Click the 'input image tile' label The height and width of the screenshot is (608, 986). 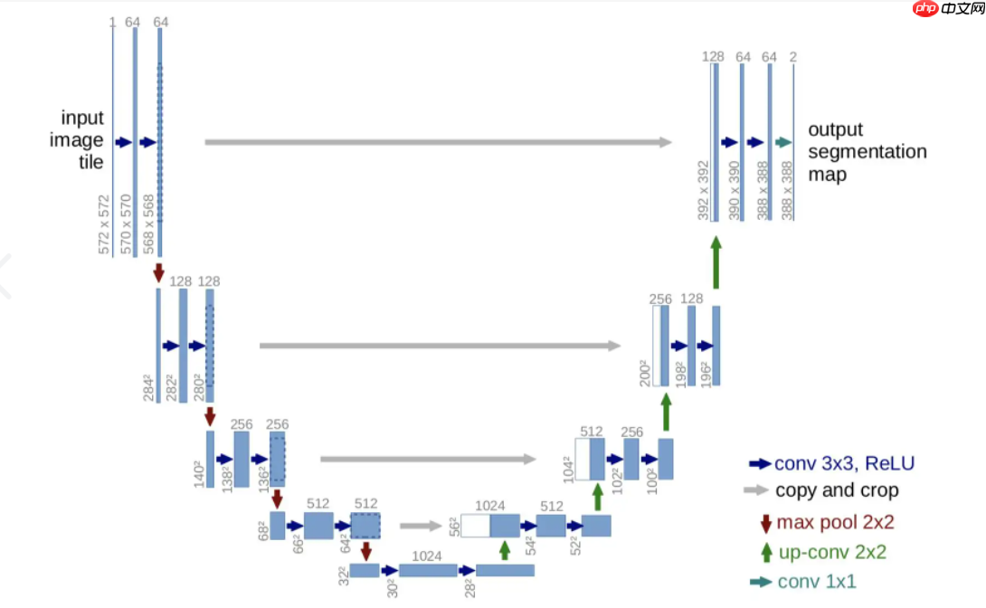[82, 140]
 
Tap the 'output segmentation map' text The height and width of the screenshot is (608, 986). [867, 152]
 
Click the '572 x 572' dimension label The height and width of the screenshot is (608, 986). [106, 223]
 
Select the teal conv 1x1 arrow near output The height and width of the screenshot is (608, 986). [783, 142]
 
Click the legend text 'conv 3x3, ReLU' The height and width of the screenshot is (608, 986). [844, 464]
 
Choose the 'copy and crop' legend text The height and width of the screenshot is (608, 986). [837, 490]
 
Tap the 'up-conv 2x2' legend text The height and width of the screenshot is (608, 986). [831, 552]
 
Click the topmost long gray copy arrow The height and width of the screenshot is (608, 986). [439, 142]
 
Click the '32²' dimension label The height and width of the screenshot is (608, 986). [344, 575]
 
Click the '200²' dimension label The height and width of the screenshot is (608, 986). [644, 372]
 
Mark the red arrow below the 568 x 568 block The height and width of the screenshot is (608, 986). [159, 271]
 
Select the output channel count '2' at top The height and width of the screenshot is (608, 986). [792, 57]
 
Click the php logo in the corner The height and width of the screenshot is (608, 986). [924, 11]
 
